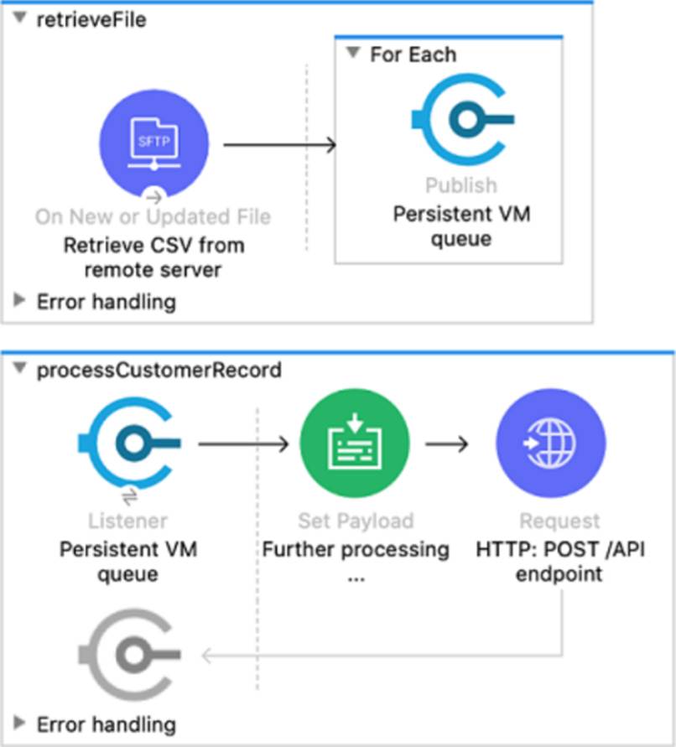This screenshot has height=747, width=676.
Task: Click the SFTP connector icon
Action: click(153, 144)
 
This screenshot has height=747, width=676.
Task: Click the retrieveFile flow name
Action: click(91, 20)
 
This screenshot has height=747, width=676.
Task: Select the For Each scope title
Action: click(413, 54)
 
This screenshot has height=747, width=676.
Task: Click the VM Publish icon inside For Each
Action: click(460, 120)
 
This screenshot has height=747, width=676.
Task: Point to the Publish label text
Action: click(460, 185)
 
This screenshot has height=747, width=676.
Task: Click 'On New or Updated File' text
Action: click(153, 217)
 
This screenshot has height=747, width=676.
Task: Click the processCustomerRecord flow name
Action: click(159, 370)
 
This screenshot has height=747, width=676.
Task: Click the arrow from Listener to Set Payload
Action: click(243, 442)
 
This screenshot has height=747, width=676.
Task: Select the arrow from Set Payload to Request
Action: click(446, 442)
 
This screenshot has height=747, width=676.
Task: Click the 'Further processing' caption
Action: click(356, 550)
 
